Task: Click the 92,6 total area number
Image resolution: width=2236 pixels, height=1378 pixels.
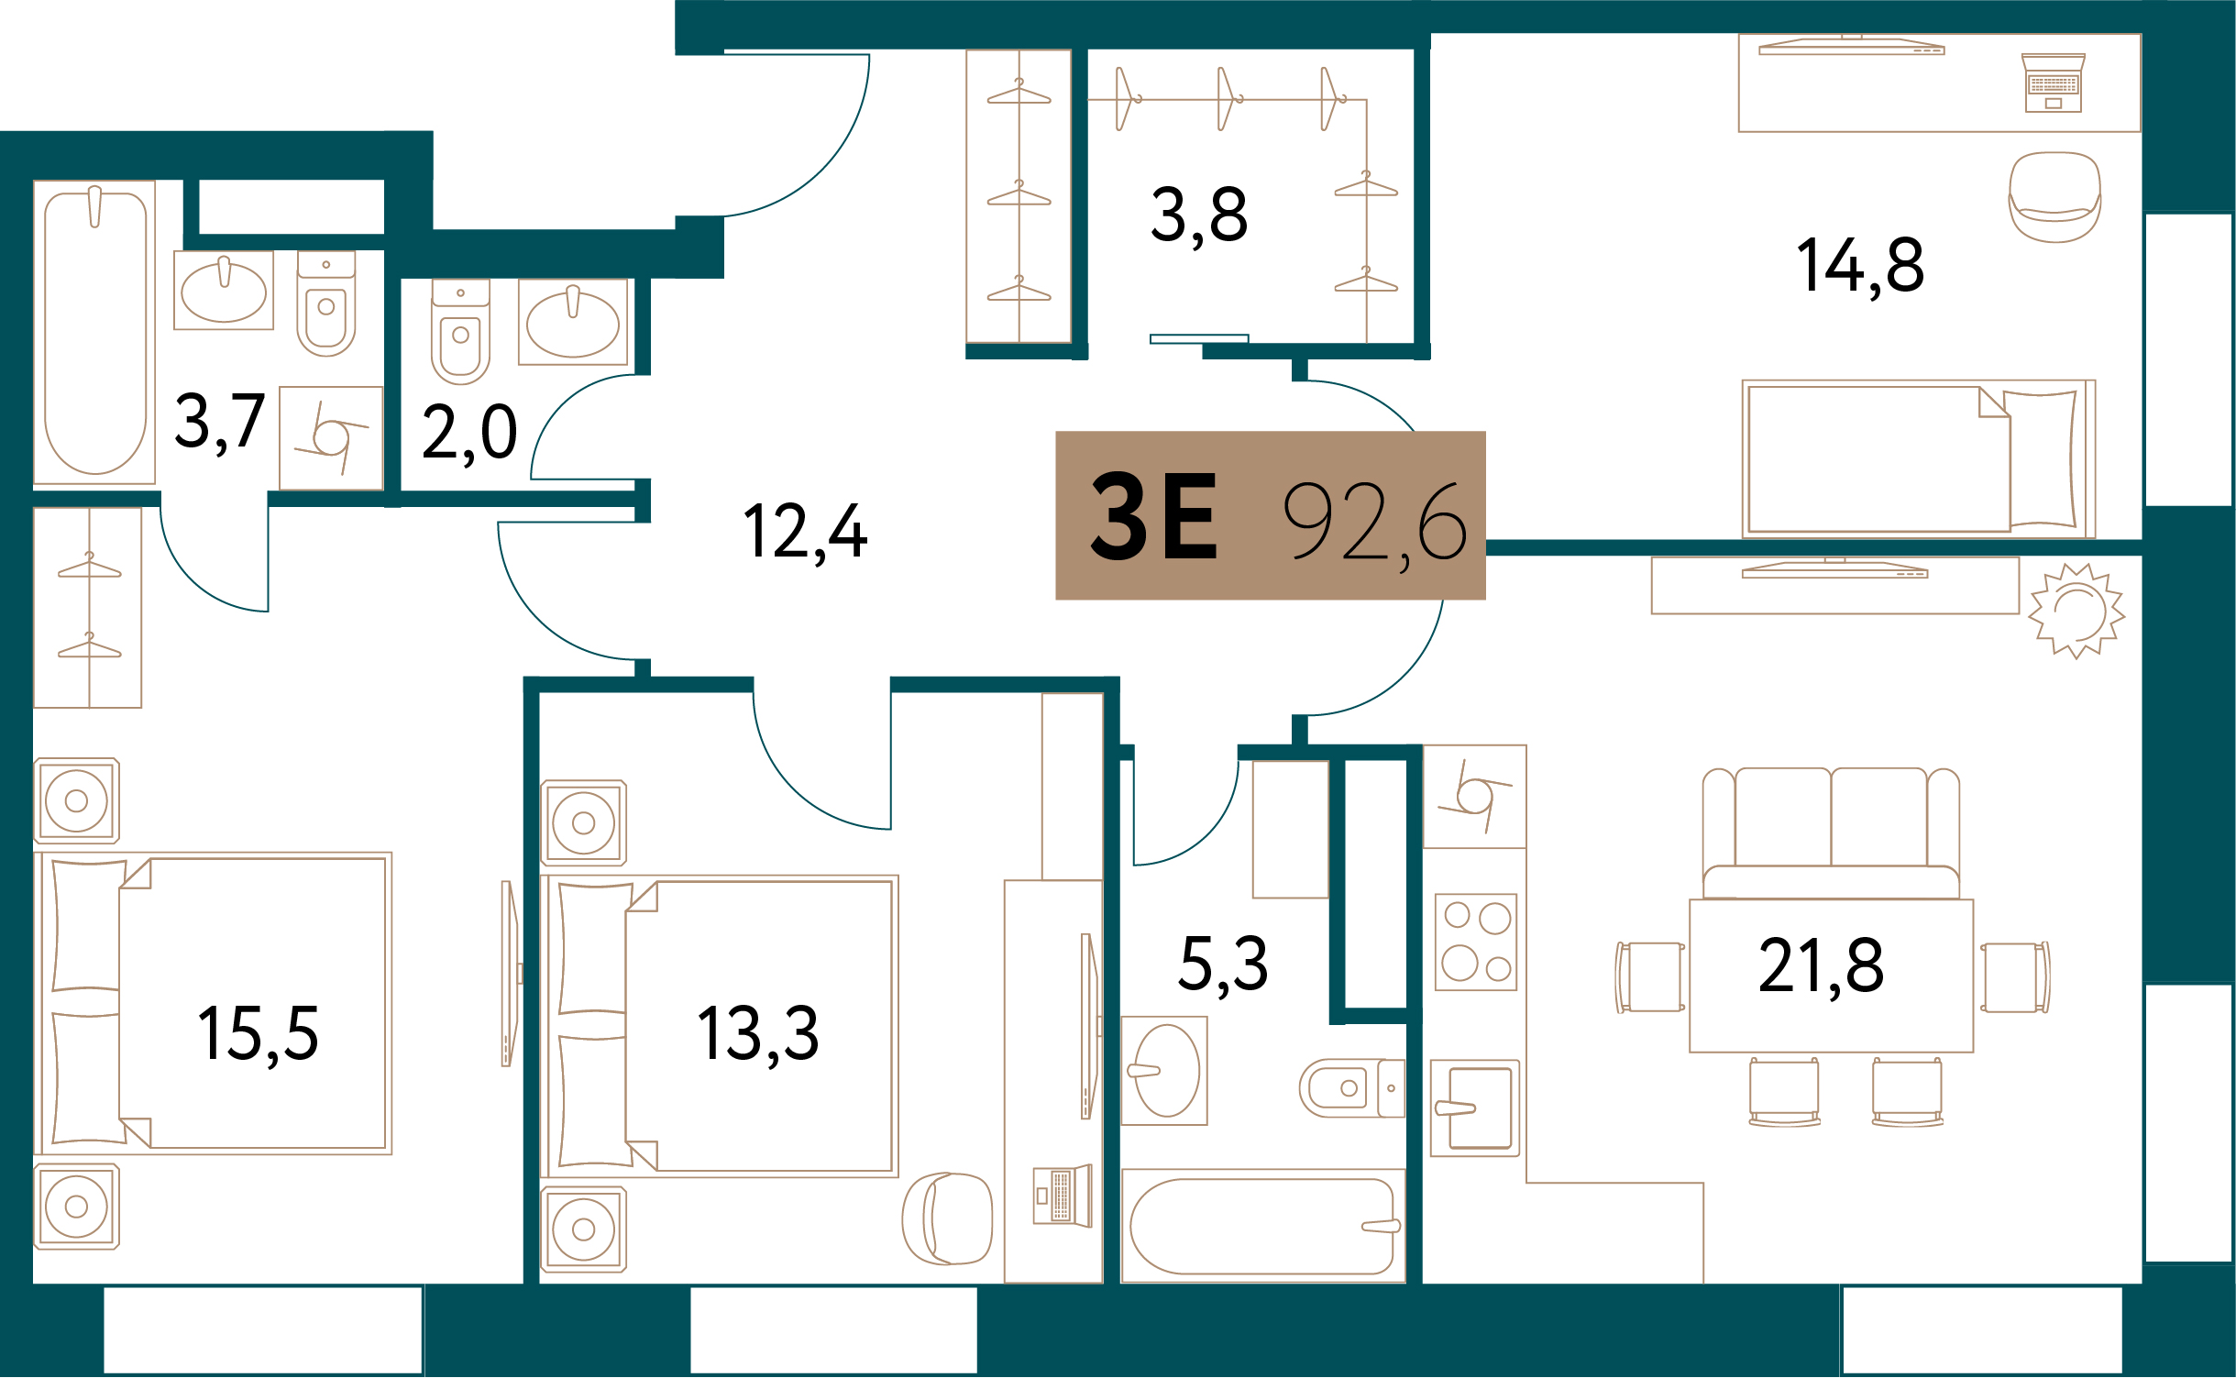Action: coord(1375,523)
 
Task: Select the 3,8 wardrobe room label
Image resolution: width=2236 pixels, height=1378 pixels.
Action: coord(1199,216)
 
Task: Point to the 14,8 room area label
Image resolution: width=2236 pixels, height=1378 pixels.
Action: coord(1860,267)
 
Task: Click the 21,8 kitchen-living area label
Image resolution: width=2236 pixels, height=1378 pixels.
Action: coord(1821,966)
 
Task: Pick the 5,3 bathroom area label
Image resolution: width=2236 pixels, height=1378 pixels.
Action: coord(1223,965)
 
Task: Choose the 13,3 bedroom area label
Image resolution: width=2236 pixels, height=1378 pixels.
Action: coord(758,1035)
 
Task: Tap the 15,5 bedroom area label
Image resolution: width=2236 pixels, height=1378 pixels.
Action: coord(259,1035)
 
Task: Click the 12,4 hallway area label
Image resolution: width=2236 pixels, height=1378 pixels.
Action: coord(805,533)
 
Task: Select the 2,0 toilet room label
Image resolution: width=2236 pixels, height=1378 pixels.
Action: coord(469,434)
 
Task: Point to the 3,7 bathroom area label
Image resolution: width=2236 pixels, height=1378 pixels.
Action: coord(220,423)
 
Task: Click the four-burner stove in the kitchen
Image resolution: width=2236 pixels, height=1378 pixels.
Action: coord(1476,943)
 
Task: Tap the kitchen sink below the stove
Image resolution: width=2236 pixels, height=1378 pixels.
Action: coord(1475,1108)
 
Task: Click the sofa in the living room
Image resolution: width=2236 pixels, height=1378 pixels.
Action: coord(1831,833)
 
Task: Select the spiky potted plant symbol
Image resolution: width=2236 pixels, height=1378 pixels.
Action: coord(2076,611)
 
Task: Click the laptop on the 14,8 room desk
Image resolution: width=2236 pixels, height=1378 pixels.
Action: coord(2054,83)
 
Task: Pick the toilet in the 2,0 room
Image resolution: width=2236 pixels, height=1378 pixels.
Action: coord(460,332)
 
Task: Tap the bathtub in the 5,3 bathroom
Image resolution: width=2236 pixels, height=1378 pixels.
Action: coord(1262,1226)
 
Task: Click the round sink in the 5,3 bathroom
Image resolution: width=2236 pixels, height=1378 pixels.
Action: coord(1164,1071)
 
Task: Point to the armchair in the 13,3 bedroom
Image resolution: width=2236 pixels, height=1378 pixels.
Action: coord(947,1218)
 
